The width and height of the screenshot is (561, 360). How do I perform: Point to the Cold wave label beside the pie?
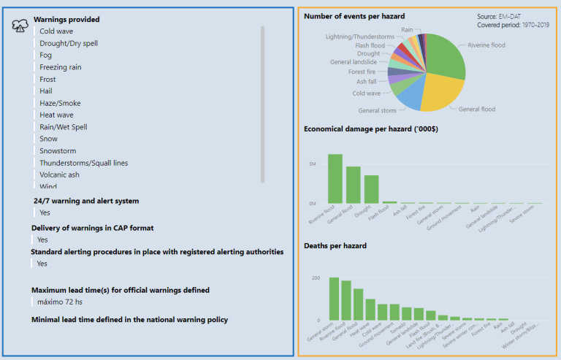[x=367, y=93]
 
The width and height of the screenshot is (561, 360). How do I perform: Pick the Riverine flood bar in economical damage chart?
[x=335, y=178]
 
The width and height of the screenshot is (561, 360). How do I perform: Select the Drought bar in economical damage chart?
[x=372, y=189]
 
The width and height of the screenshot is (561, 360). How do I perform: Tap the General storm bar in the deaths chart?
[x=334, y=299]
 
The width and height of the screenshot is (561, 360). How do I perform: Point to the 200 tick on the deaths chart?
[x=315, y=278]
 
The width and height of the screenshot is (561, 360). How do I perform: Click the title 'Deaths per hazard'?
[x=335, y=245]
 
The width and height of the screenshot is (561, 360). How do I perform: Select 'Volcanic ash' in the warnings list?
[x=60, y=175]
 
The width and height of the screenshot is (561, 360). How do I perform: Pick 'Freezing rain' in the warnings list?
[x=61, y=67]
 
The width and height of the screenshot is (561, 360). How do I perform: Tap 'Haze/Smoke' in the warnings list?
[x=60, y=103]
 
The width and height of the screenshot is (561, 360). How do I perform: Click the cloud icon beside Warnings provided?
[x=20, y=26]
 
